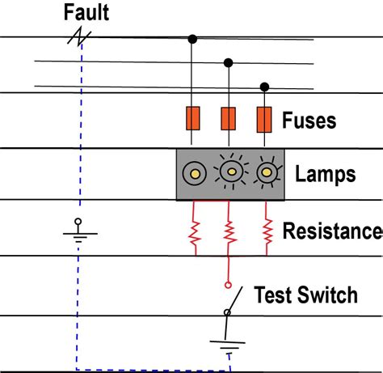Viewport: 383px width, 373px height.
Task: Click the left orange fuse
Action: click(x=192, y=120)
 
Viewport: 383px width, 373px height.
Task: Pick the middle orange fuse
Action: click(x=229, y=120)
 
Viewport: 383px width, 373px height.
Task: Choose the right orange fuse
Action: click(x=264, y=120)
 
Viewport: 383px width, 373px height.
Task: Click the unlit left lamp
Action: click(x=194, y=172)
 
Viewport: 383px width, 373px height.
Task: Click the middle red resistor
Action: click(x=229, y=232)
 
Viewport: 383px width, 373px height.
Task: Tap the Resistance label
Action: click(x=331, y=231)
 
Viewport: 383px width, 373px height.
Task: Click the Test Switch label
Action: click(x=305, y=295)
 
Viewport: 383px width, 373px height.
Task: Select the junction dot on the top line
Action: click(x=192, y=38)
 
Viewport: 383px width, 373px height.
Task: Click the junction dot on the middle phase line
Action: click(x=229, y=62)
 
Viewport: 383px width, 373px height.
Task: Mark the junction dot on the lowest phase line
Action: click(x=264, y=86)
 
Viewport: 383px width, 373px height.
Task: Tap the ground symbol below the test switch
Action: click(x=229, y=346)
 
